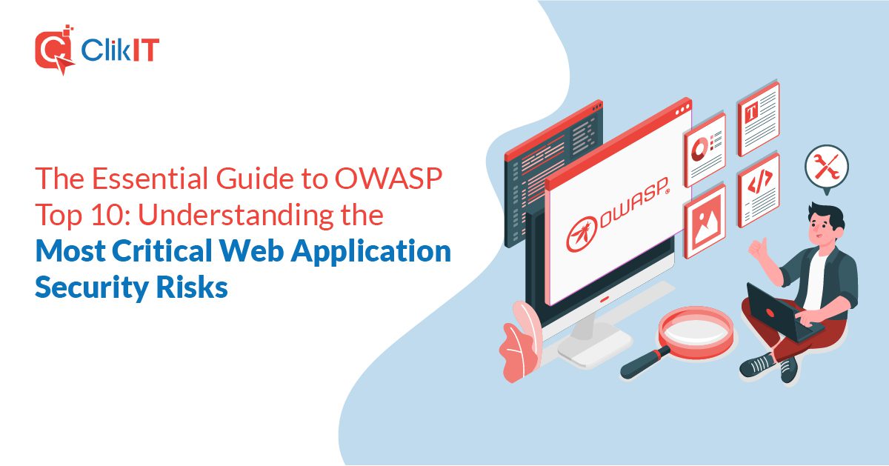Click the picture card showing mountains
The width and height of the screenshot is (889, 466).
705,220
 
